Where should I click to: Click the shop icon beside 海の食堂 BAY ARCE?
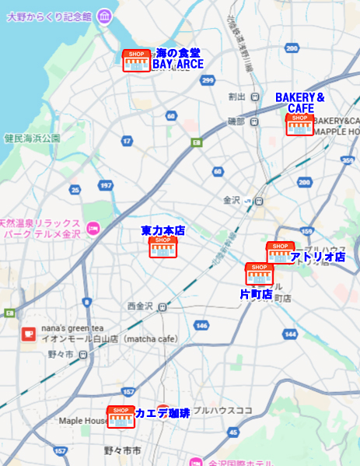[x=136, y=61]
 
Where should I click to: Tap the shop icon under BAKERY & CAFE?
[x=299, y=124]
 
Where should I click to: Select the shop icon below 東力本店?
[x=163, y=247]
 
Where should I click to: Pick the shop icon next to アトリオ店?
[x=280, y=252]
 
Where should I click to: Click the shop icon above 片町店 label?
[x=259, y=274]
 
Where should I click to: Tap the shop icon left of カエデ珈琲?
[x=121, y=417]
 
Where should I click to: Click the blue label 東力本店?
[x=163, y=231]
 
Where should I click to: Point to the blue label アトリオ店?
[x=317, y=257]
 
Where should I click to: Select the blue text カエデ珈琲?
[x=163, y=413]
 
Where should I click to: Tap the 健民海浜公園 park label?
[x=32, y=138]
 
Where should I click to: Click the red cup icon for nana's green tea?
[x=29, y=334]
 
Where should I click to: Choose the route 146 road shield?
[x=202, y=325]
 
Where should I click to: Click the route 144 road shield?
[x=290, y=334]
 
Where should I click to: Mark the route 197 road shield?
[x=107, y=185]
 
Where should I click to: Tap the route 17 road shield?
[x=127, y=141]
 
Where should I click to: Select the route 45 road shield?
[x=233, y=432]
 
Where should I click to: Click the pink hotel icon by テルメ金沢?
[x=93, y=228]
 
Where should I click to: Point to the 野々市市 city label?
[x=122, y=451]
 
